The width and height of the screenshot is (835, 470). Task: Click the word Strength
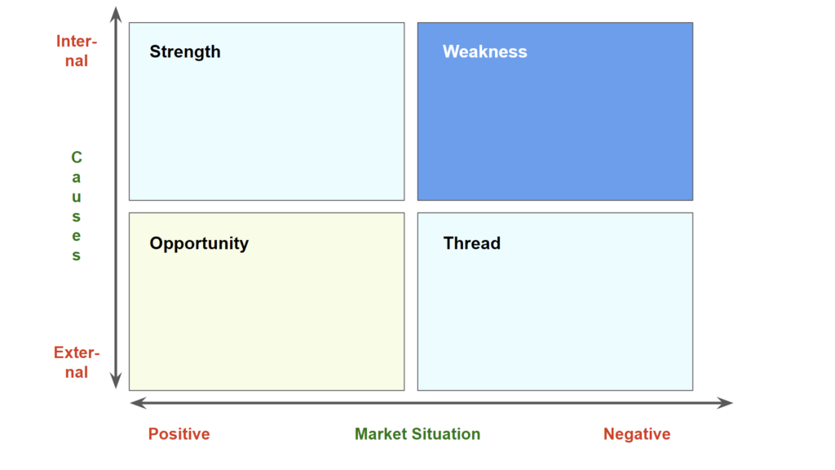click(185, 51)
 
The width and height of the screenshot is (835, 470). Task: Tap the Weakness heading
click(484, 51)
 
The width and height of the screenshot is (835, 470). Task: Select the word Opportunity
click(199, 243)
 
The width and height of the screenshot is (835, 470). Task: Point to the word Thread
click(472, 243)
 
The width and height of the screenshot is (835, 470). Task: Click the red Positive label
click(179, 434)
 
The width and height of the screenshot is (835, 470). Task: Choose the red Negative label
click(637, 434)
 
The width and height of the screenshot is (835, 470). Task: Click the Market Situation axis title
click(417, 434)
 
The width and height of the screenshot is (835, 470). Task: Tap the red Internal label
click(77, 51)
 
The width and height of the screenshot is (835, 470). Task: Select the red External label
click(77, 361)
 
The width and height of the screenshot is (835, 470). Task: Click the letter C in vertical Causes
click(77, 157)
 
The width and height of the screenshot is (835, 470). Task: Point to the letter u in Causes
click(77, 197)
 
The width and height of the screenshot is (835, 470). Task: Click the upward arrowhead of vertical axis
click(116, 15)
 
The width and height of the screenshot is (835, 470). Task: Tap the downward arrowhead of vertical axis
click(116, 380)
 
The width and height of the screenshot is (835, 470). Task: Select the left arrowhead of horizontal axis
click(138, 403)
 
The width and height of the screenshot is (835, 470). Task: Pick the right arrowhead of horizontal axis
click(725, 403)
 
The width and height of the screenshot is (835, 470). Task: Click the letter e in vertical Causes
click(77, 236)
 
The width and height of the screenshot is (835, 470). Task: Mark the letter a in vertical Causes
click(77, 177)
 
